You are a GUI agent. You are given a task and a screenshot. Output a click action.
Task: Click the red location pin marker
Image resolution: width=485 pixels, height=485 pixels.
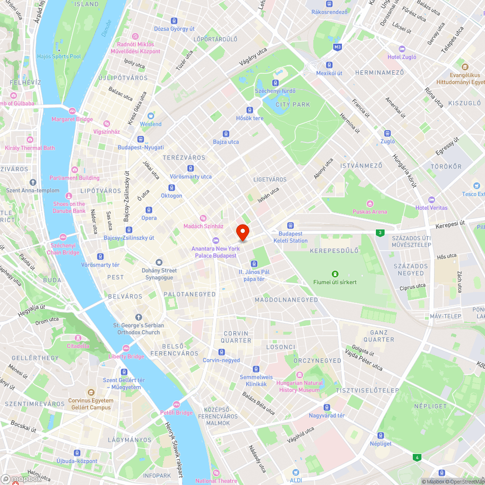[x=242, y=232]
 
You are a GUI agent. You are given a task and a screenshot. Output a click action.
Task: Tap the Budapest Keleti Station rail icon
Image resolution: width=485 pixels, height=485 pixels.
[x=291, y=226]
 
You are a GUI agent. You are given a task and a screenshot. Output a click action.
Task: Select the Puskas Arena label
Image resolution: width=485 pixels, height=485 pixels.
[x=370, y=211]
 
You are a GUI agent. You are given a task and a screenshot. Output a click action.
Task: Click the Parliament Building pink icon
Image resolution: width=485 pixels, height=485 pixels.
[x=74, y=170]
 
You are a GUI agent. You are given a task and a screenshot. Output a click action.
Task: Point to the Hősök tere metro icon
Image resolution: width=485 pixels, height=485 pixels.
[x=250, y=110]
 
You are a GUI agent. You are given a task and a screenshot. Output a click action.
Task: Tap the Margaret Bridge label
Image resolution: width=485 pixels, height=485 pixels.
[x=72, y=119]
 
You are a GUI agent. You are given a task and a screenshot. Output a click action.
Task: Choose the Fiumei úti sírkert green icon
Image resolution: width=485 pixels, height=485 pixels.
[x=335, y=274]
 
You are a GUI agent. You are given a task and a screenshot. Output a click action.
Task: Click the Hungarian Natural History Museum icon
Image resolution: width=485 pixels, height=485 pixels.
[x=299, y=374]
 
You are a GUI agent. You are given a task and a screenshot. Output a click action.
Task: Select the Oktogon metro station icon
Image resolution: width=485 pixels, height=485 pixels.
[x=171, y=188]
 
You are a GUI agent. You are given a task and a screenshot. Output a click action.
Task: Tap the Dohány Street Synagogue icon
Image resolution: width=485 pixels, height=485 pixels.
[x=159, y=262]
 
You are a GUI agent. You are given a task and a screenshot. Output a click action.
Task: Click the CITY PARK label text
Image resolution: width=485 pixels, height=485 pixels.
[x=292, y=104]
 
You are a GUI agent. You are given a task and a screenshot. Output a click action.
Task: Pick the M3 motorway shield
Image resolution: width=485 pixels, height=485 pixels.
[x=338, y=47]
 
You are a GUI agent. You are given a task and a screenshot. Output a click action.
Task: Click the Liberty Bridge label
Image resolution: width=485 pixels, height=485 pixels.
[x=126, y=356]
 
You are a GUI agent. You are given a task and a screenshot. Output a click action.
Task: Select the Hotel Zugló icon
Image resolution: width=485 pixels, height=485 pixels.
[x=402, y=49]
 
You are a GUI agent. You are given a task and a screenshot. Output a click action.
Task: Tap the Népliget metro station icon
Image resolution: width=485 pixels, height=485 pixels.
[x=381, y=436]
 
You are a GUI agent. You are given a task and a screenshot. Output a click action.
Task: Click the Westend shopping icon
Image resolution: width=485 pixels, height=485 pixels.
[x=151, y=116]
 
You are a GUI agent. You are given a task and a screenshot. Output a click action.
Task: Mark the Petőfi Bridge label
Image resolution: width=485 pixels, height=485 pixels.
[x=177, y=413]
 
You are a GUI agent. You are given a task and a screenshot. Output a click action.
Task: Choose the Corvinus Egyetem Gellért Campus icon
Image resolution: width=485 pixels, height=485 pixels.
[x=91, y=392]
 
